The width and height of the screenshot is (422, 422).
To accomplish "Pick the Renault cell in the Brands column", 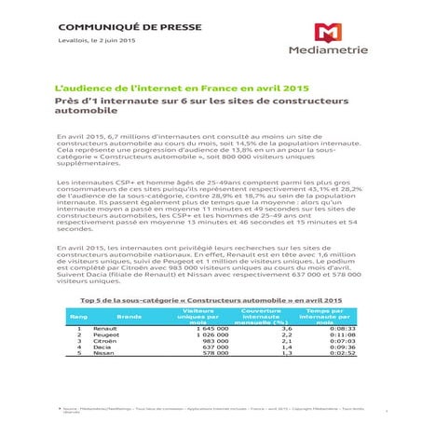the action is [104, 329].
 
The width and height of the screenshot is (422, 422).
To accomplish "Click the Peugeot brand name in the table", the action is [106, 336].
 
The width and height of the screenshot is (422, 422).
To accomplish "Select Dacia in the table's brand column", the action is [102, 349].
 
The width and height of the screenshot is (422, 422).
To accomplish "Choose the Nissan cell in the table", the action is [103, 356].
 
